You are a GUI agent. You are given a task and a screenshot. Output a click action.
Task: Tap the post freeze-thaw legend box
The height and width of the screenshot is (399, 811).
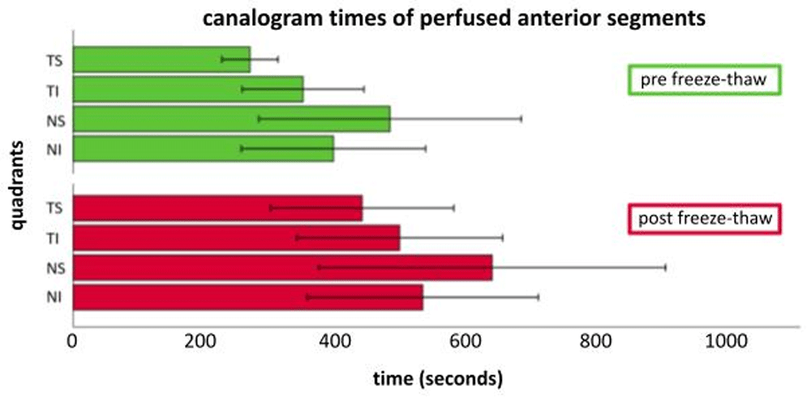(705, 218)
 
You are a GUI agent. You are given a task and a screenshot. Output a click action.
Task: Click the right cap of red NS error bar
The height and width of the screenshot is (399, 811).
(665, 267)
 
